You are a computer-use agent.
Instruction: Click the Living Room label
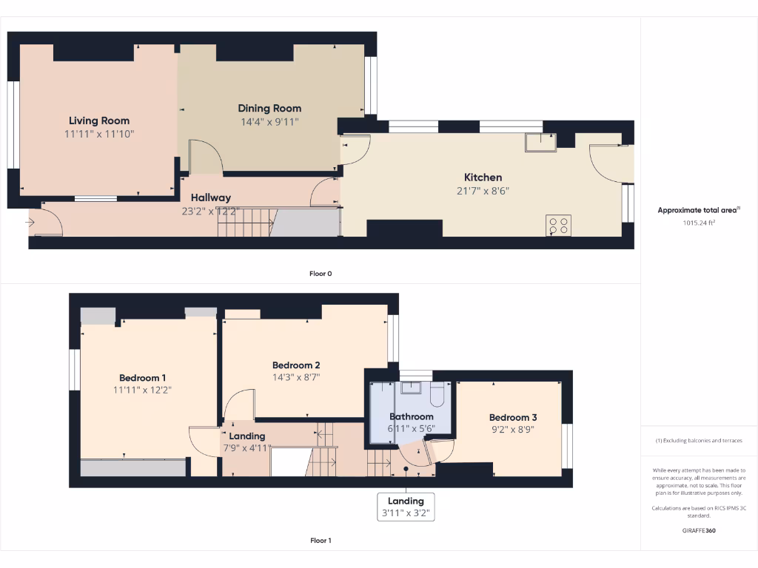[99, 121]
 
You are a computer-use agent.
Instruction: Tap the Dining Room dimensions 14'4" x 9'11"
[269, 122]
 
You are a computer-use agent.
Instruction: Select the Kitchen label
[483, 177]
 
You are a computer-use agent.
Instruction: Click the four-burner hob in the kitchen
[558, 225]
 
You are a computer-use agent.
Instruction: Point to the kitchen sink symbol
[540, 142]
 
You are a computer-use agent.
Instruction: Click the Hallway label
[211, 197]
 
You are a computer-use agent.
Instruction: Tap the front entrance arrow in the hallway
[30, 222]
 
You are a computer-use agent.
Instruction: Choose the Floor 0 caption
[321, 274]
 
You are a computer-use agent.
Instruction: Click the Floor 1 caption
[321, 541]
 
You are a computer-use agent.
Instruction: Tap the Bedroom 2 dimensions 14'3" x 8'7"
[296, 377]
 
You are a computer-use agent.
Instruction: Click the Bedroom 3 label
[513, 417]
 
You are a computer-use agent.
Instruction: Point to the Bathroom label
[412, 416]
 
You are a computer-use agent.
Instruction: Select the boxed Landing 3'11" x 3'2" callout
[406, 507]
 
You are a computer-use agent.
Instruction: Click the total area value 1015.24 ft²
[699, 222]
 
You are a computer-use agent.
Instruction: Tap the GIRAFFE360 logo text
[699, 530]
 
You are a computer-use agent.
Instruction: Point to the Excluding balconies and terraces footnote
[699, 441]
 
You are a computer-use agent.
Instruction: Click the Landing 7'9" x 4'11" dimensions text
[247, 448]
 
